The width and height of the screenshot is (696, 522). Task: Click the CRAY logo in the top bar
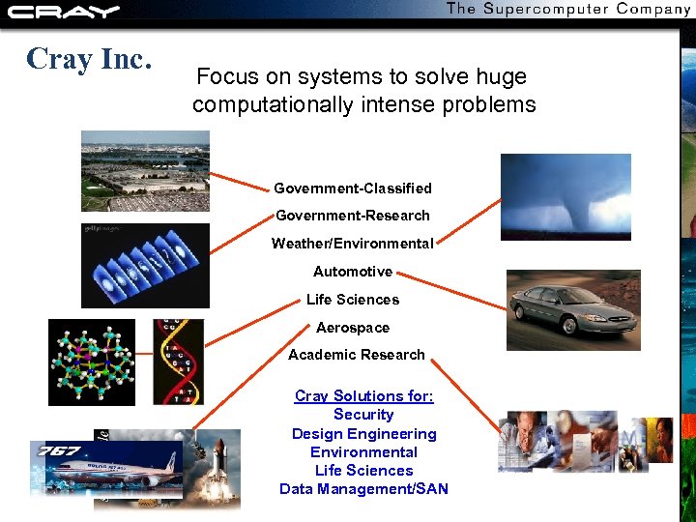[x=63, y=12]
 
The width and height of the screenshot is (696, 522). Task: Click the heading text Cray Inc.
[x=89, y=60]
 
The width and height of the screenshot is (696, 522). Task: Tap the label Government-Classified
[x=352, y=188]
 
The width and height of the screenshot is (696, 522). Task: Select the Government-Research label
[x=352, y=216]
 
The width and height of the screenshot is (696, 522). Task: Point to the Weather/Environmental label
[x=352, y=244]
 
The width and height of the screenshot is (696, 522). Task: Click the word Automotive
[x=352, y=272]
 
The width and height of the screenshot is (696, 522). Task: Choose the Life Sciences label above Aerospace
[x=352, y=300]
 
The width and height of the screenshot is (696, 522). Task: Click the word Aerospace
[x=352, y=328]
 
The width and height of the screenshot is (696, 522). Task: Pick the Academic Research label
[x=356, y=355]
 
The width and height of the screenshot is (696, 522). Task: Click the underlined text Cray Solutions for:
[x=363, y=396]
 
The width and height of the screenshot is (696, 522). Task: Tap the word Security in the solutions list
[x=363, y=415]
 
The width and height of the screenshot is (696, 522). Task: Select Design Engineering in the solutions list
[x=363, y=434]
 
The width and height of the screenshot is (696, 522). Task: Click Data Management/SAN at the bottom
[x=363, y=489]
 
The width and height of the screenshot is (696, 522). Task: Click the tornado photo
[x=565, y=196]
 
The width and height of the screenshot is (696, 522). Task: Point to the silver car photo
[x=572, y=309]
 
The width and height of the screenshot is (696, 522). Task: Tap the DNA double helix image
[x=178, y=362]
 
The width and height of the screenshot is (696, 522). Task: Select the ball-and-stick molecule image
[x=92, y=362]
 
